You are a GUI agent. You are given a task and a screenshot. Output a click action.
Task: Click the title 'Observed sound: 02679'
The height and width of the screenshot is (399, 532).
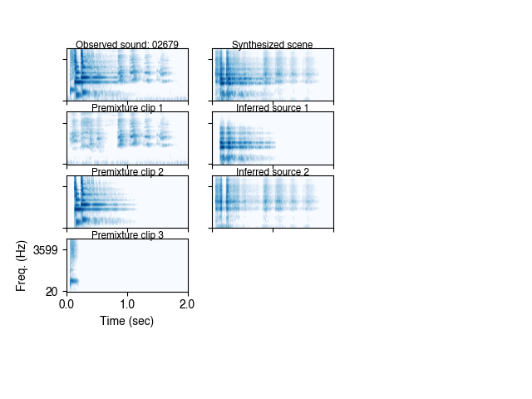(127, 45)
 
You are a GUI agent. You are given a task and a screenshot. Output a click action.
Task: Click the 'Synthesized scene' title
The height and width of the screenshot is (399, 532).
(273, 45)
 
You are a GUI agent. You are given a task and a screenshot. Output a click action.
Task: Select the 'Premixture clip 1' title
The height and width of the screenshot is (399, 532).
(127, 108)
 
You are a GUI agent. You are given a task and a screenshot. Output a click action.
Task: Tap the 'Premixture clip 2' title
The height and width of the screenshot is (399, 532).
(127, 172)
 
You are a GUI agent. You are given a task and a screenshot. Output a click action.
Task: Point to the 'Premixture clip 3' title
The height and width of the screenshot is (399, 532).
(127, 235)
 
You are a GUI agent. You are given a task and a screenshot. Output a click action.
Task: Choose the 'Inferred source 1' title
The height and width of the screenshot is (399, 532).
(273, 108)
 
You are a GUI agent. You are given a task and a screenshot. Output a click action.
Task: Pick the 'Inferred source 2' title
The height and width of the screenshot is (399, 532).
(273, 172)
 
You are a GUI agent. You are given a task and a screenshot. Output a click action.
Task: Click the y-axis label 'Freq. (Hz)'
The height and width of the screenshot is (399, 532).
(22, 265)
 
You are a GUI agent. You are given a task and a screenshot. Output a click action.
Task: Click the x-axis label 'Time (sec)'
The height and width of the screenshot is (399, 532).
(127, 321)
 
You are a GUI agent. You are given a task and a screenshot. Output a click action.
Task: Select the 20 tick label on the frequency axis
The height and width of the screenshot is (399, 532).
(52, 291)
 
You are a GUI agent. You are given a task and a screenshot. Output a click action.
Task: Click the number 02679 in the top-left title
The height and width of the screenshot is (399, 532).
(165, 45)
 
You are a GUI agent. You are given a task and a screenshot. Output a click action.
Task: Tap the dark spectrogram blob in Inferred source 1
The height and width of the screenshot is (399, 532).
(233, 146)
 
